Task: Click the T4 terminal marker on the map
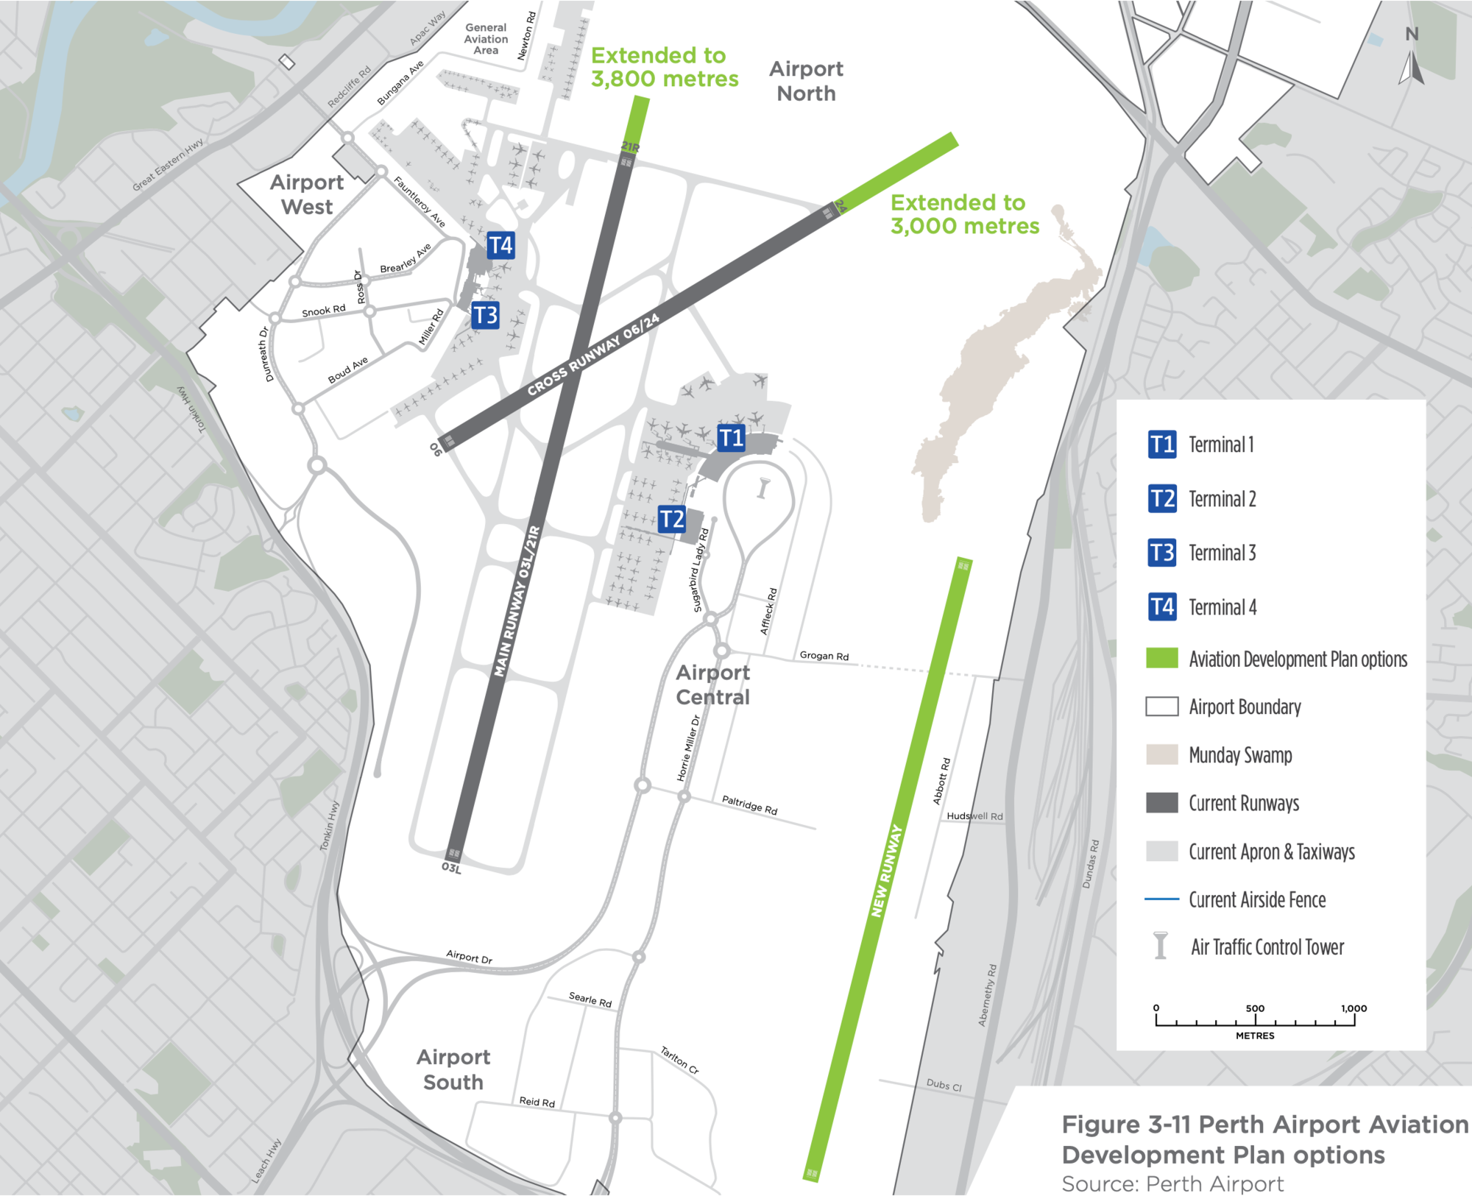pos(500,245)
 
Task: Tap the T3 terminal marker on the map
pos(485,315)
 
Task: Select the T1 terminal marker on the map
pos(731,438)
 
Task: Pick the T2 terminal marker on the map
pos(671,519)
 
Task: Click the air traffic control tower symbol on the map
pos(763,488)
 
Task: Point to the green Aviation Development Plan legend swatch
pos(1161,658)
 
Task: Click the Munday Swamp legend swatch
pos(1161,754)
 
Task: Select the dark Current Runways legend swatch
pos(1161,802)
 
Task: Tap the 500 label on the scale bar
pos(1255,1008)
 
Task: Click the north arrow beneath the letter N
pos(1412,68)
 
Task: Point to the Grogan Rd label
pos(824,655)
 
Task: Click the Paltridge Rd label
pos(749,804)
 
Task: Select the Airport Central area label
pos(712,684)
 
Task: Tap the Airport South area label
pos(453,1069)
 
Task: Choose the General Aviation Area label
pos(486,39)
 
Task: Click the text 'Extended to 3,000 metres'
pos(964,213)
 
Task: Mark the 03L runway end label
pos(451,868)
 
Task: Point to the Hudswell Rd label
pos(974,816)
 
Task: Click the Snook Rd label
pos(323,311)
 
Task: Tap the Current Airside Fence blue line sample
pos(1161,899)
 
